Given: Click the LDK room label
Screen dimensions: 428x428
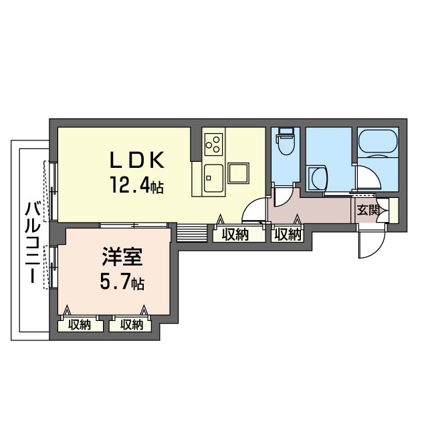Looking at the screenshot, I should click(137, 160).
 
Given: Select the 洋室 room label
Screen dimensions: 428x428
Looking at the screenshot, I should click(121, 257).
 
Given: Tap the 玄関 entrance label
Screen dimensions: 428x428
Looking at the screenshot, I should click(367, 210).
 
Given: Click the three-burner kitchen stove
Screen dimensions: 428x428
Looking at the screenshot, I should click(214, 142).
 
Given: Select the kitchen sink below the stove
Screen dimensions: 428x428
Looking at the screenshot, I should click(213, 177).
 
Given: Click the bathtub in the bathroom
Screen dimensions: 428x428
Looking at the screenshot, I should click(379, 143).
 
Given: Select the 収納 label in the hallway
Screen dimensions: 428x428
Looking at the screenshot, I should click(287, 234).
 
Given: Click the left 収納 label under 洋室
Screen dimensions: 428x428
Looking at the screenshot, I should click(80, 325).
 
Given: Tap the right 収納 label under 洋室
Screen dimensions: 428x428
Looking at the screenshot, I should click(132, 325).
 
